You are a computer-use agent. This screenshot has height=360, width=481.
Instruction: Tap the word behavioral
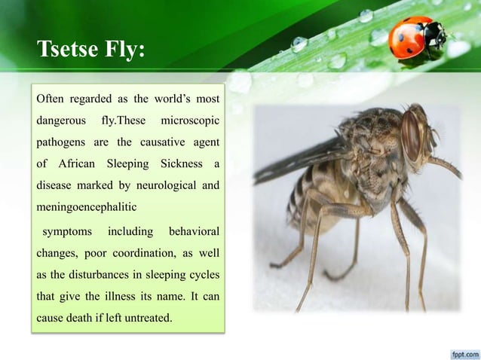coord(194,229)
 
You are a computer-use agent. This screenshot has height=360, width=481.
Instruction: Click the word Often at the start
coord(52,99)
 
